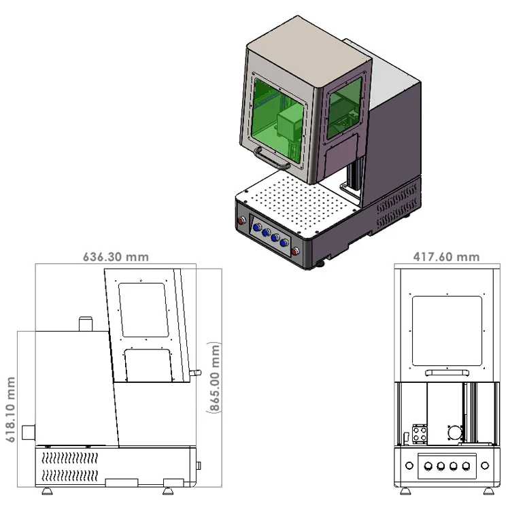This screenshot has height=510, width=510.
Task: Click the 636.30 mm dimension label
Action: [x=116, y=257]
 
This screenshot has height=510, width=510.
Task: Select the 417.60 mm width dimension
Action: [x=446, y=257]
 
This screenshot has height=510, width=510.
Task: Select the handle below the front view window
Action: [x=446, y=373]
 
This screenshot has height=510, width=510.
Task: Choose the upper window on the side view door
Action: [x=143, y=310]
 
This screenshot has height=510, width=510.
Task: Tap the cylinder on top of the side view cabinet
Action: [x=86, y=323]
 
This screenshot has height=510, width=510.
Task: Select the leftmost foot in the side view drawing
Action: [x=47, y=490]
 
